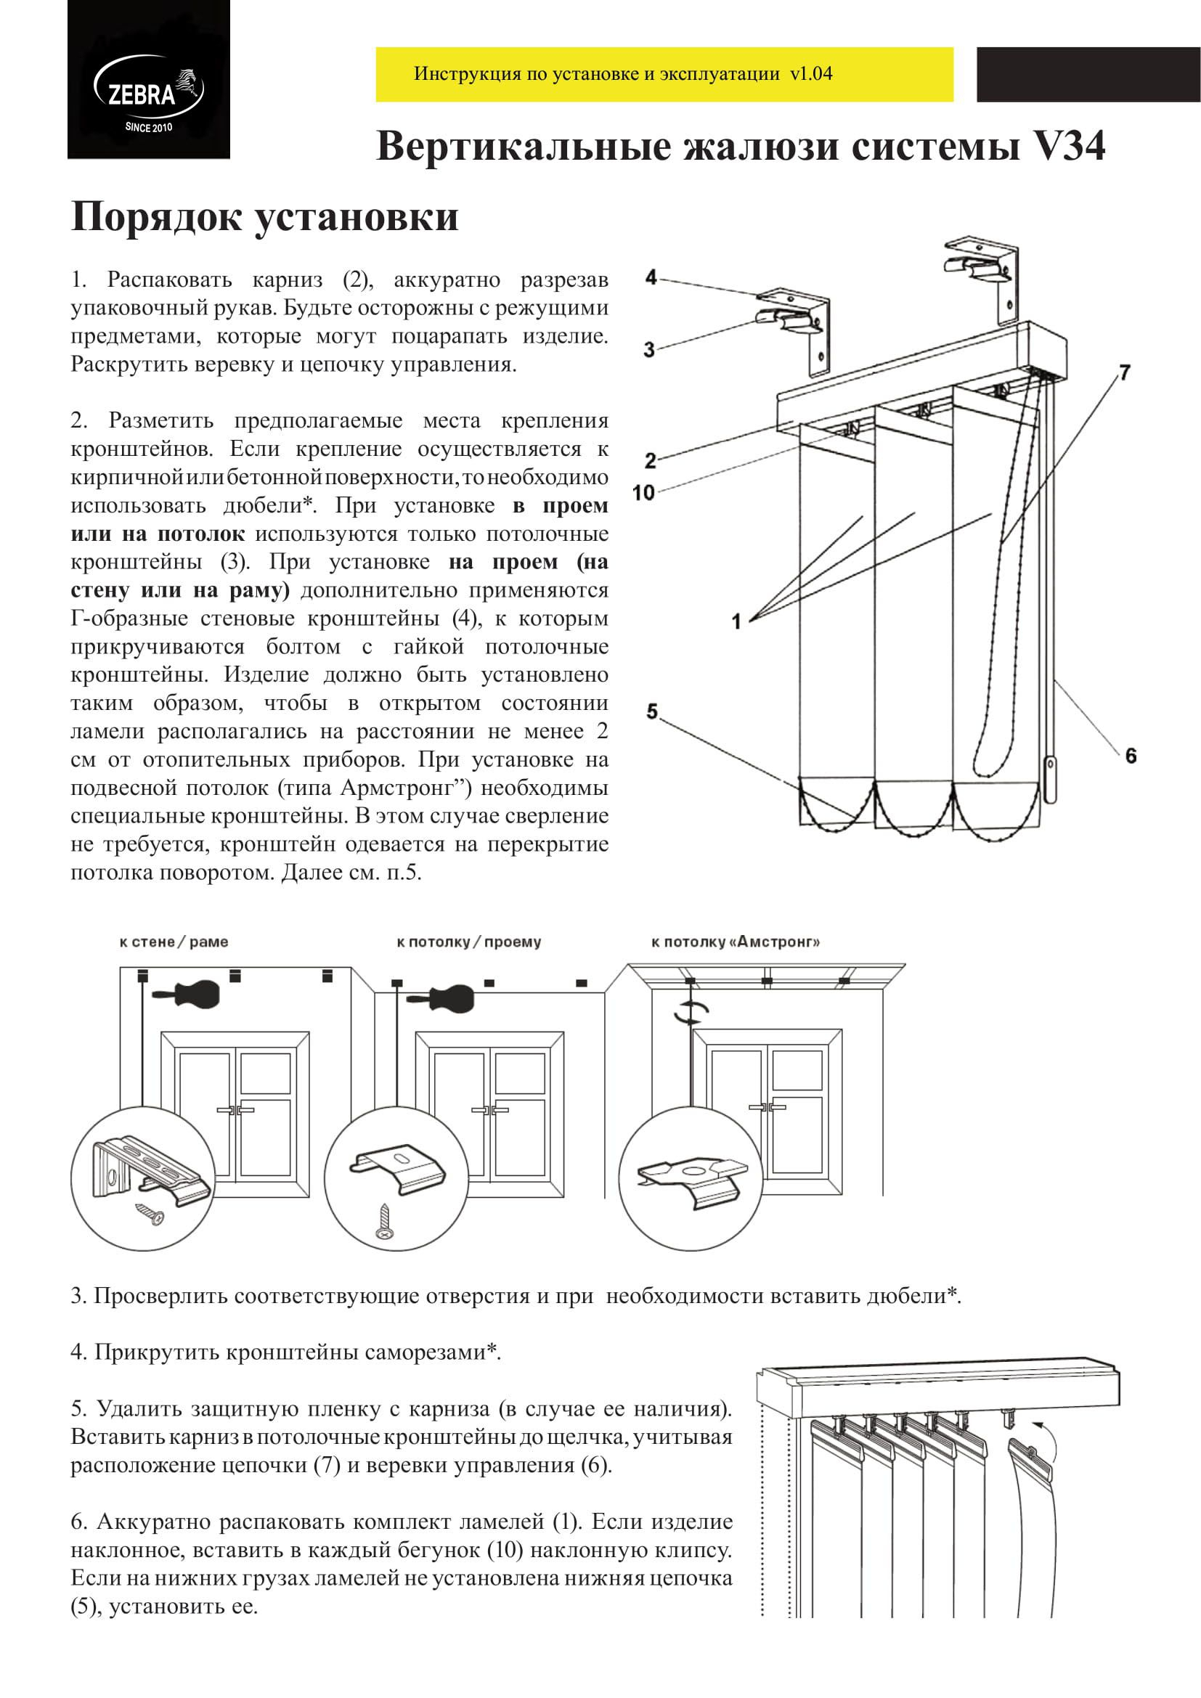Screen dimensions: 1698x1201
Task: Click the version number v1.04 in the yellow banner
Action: [811, 74]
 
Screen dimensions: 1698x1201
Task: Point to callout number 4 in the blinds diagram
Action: [651, 278]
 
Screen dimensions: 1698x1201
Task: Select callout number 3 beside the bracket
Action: [648, 349]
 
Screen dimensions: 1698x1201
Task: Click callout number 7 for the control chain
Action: [1124, 372]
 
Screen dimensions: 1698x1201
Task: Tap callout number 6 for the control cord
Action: [1130, 756]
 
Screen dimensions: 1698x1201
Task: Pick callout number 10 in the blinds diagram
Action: [644, 491]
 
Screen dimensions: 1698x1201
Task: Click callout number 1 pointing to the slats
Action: [736, 621]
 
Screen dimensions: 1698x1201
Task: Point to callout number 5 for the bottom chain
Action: [651, 711]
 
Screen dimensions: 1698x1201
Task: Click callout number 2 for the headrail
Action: [649, 461]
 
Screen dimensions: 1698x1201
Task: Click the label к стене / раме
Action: [174, 942]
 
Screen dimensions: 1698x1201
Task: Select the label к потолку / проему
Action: [469, 942]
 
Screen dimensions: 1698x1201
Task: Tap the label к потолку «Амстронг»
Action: [735, 942]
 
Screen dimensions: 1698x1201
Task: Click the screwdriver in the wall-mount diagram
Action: [188, 995]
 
